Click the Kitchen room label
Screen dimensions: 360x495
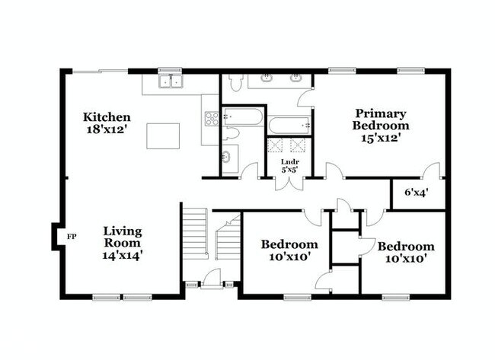[107, 117]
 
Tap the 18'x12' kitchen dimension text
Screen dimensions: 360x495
[107, 129]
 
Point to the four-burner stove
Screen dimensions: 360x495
[211, 118]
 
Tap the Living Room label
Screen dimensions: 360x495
[123, 237]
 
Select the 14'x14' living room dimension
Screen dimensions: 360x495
[123, 256]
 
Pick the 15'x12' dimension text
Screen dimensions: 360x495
[380, 139]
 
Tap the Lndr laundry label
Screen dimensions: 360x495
[289, 162]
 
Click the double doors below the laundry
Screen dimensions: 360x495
[290, 183]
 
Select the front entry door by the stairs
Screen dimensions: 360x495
[206, 285]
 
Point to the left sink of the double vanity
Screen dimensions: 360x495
[270, 78]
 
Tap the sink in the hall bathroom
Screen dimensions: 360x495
[228, 158]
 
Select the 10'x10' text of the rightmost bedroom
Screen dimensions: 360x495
[406, 259]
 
